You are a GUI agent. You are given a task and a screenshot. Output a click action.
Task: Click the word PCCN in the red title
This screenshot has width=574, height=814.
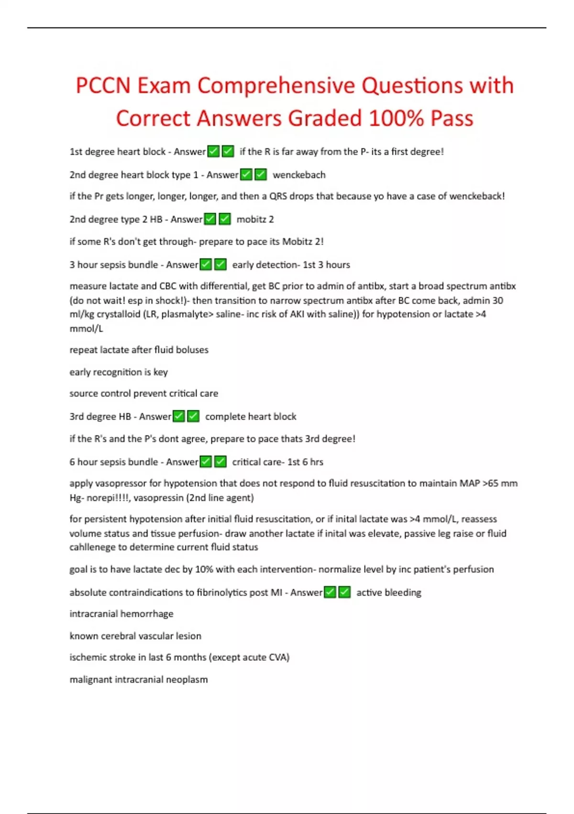coord(103,86)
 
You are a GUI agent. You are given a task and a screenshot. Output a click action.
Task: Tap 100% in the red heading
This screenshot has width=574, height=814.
coord(396,119)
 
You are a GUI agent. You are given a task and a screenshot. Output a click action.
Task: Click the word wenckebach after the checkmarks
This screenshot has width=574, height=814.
coord(299,175)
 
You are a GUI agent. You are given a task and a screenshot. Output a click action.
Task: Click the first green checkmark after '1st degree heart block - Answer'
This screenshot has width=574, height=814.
coord(213,152)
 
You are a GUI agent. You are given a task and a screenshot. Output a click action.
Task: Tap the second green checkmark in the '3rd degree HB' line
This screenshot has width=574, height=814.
coord(193,417)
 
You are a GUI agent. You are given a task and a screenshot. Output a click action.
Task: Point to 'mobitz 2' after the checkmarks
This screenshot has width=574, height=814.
coord(255,219)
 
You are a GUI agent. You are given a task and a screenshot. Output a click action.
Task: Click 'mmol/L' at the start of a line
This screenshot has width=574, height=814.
coord(86,329)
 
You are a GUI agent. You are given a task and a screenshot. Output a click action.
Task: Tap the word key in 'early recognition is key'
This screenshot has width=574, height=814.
coord(161,372)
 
